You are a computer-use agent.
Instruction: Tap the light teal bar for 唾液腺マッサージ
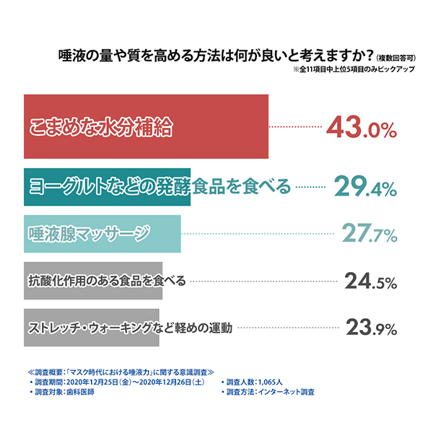[101, 233]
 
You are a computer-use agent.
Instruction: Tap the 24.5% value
[371, 280]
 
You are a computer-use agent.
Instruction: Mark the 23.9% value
[371, 328]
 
